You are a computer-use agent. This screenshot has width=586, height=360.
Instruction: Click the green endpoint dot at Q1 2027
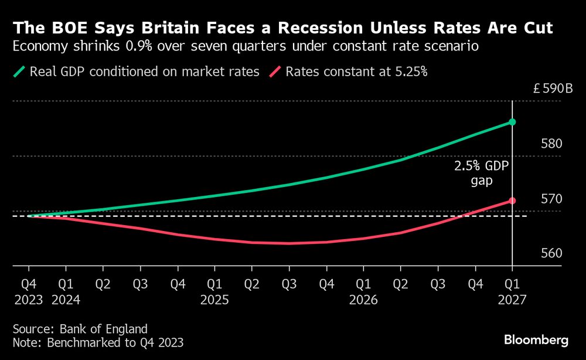point(512,122)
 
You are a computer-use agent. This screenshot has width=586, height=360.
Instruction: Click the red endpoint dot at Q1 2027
point(512,201)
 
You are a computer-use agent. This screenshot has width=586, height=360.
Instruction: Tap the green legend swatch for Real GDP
point(19,72)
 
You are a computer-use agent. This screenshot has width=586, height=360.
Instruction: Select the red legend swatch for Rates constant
point(275,72)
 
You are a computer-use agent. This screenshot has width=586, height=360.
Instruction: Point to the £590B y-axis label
point(553,90)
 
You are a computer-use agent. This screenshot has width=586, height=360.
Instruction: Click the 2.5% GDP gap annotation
point(482,174)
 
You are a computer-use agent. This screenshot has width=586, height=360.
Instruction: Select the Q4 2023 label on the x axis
point(28,292)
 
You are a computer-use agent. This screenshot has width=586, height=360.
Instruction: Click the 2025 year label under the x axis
point(214,300)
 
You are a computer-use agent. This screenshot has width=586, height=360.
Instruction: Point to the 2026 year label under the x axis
point(363,300)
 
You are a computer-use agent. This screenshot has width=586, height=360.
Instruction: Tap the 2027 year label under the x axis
point(512,300)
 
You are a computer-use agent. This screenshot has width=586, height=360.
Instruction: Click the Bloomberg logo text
point(536,340)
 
